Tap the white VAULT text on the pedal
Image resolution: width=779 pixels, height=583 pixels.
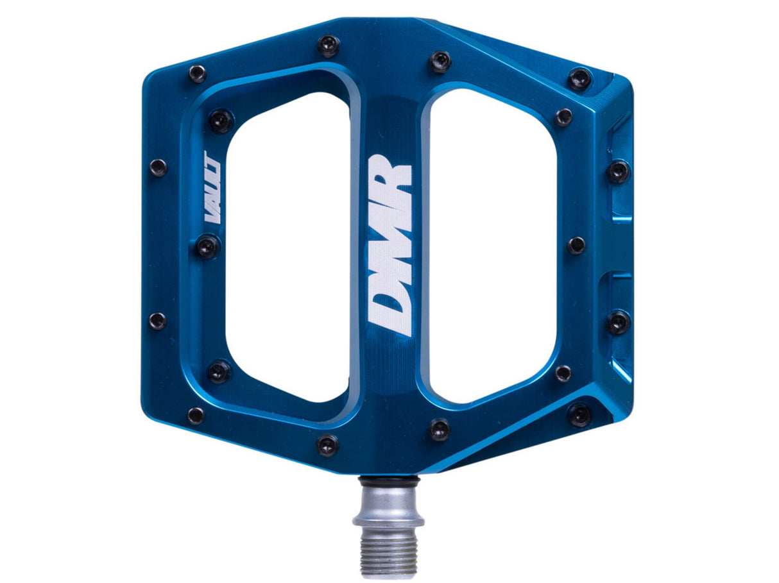coord(212,187)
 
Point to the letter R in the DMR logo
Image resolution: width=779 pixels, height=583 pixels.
coord(391,180)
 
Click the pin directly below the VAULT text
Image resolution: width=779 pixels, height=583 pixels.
coord(207,246)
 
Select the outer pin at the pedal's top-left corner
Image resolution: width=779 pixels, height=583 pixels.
coord(197,73)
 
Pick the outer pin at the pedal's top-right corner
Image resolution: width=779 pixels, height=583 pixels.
coord(579,79)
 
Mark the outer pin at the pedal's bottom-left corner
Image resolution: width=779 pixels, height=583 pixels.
coord(196,415)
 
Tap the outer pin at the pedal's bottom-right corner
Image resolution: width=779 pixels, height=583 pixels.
coord(579,414)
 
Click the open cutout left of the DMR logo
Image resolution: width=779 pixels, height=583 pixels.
coord(287,247)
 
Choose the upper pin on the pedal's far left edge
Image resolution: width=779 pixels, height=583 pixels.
coord(158,168)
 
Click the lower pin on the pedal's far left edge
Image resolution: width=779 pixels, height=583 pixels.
coord(157,321)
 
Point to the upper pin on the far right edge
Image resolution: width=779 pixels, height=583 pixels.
coord(619,171)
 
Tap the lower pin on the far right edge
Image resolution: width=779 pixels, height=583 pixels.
coord(618,321)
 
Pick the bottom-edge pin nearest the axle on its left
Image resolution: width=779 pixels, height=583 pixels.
coord(327,444)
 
